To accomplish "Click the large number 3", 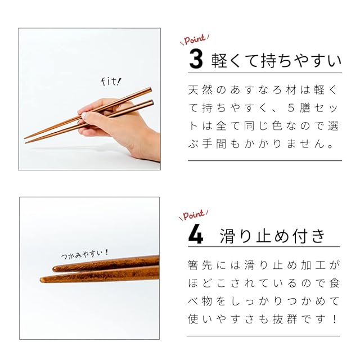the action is [x=196, y=60].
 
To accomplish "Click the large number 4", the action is [x=196, y=236].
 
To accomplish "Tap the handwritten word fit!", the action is [x=111, y=82].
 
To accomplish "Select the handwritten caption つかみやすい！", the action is [x=84, y=254].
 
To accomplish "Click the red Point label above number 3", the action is [x=195, y=39].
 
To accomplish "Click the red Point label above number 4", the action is [x=193, y=215].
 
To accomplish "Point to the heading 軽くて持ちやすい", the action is [x=276, y=61].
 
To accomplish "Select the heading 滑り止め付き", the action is [x=272, y=236].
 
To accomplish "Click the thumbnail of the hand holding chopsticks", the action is [x=89, y=99].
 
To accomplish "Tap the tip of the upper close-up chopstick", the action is [x=53, y=269].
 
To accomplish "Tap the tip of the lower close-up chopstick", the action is [x=40, y=280].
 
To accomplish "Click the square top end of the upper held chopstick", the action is [x=150, y=89].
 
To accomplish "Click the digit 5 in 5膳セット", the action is [x=291, y=108].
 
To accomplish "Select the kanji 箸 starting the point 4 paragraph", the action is [x=193, y=265].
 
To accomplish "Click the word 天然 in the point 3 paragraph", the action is [x=200, y=90].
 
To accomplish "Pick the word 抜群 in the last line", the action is [x=285, y=319].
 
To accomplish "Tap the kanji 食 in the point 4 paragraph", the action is [x=334, y=283].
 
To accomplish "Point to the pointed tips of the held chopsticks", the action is [x=25, y=140].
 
